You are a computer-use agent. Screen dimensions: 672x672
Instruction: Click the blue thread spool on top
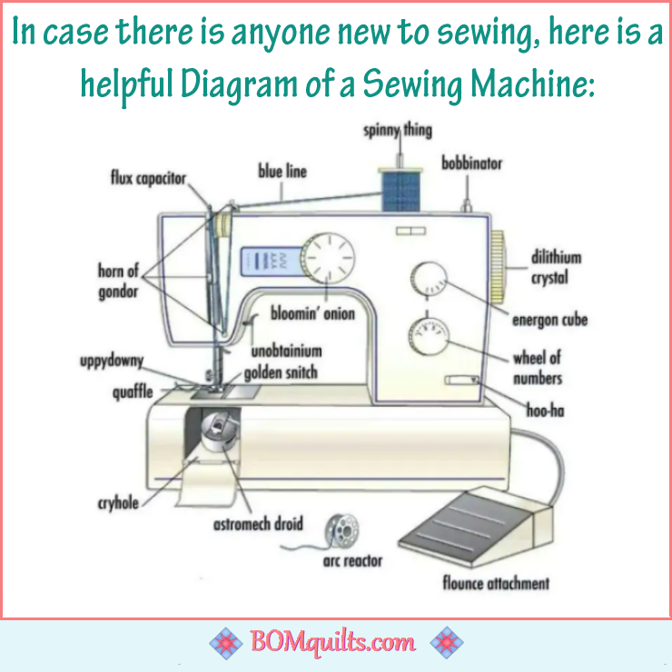click(x=400, y=191)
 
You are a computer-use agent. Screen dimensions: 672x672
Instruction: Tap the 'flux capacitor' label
click(x=148, y=178)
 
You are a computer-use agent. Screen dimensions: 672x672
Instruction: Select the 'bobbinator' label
click(x=471, y=163)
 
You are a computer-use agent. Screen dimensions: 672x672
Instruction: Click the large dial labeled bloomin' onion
click(x=328, y=260)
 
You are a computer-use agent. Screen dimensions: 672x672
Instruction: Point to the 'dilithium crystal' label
click(x=556, y=267)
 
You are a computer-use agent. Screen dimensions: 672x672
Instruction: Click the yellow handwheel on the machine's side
click(x=498, y=266)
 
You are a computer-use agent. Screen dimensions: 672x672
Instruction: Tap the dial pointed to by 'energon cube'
click(x=429, y=279)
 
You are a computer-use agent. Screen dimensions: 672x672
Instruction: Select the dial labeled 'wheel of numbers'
click(x=429, y=337)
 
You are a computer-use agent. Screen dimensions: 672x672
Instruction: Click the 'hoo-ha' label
click(x=545, y=410)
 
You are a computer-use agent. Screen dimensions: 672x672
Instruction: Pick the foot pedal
click(x=476, y=527)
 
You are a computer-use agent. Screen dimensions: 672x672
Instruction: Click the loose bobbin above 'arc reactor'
click(x=341, y=531)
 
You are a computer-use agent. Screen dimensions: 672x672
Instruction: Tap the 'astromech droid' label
click(x=258, y=524)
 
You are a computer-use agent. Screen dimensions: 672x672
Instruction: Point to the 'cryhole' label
click(x=118, y=503)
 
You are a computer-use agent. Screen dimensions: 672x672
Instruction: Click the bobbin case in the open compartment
click(x=219, y=431)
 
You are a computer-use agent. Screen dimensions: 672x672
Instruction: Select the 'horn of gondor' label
click(x=118, y=282)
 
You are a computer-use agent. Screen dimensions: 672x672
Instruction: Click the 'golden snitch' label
click(x=281, y=373)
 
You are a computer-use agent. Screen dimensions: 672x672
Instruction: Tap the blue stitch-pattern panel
click(x=272, y=261)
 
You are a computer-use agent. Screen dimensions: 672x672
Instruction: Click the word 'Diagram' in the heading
click(x=239, y=84)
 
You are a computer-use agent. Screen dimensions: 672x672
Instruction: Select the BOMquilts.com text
click(x=332, y=642)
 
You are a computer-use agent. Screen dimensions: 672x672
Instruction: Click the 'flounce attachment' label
click(x=496, y=583)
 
